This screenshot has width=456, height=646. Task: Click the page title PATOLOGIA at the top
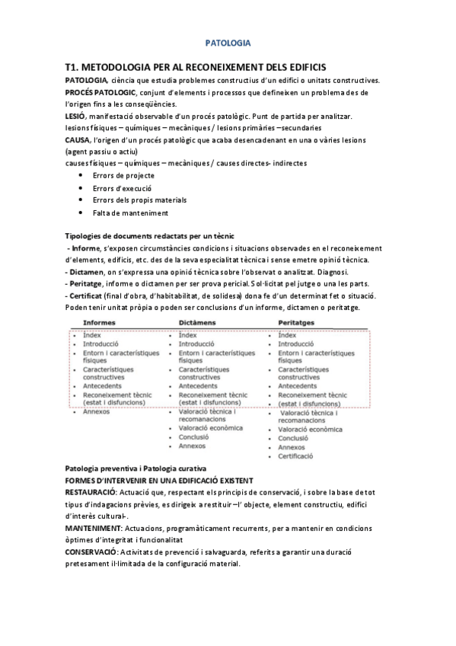228,44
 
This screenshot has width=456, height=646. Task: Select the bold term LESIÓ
75,116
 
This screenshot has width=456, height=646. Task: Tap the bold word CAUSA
78,140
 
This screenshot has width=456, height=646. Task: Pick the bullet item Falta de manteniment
130,213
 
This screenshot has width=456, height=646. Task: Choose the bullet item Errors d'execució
122,187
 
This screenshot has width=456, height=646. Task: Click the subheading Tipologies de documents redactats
150,236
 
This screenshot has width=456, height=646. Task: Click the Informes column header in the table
99,323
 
